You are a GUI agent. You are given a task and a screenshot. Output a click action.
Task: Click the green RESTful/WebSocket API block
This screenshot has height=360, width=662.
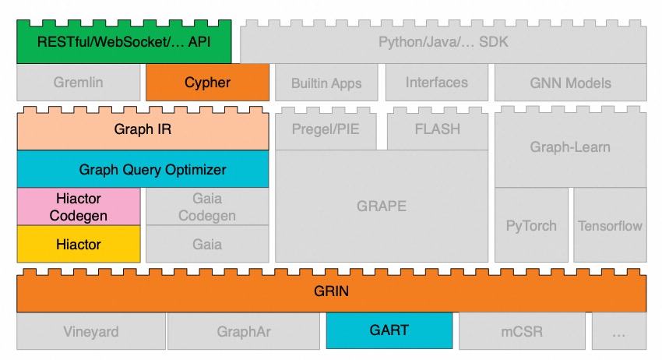(x=124, y=42)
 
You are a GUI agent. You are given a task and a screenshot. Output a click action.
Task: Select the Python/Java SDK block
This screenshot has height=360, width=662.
(x=443, y=42)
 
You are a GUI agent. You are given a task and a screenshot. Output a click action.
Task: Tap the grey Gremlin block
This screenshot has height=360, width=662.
(x=79, y=83)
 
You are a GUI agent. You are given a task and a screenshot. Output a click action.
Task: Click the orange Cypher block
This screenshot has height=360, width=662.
(x=207, y=83)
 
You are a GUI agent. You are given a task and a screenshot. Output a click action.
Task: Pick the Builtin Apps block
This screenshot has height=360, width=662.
(x=326, y=83)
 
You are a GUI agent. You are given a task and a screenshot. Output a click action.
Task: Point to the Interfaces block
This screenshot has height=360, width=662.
(x=437, y=83)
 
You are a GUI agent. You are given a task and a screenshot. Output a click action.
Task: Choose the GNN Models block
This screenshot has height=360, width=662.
(x=570, y=83)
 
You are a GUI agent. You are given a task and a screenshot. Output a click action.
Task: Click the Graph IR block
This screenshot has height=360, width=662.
(x=143, y=129)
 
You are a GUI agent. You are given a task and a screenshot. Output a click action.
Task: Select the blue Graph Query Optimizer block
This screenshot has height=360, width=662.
(x=143, y=169)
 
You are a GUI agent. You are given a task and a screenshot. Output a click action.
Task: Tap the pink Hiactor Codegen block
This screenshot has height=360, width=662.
(x=79, y=206)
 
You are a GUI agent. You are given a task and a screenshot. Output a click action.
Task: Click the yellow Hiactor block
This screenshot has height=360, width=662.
(x=79, y=245)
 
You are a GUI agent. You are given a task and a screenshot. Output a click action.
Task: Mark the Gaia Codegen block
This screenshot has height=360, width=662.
(x=207, y=206)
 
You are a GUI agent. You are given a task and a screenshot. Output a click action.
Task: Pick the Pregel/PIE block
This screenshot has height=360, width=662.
(x=326, y=129)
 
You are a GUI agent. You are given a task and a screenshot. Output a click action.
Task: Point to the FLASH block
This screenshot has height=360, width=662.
(x=437, y=129)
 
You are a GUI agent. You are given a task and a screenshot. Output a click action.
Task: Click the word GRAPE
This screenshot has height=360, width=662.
(x=382, y=206)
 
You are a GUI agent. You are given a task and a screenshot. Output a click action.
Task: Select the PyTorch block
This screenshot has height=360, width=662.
(x=531, y=226)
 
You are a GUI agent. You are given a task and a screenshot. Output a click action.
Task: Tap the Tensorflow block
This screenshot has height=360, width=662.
(x=610, y=226)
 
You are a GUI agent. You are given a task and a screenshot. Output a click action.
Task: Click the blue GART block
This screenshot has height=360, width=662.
(x=389, y=331)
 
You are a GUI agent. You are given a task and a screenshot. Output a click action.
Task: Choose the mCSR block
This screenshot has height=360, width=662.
(x=522, y=332)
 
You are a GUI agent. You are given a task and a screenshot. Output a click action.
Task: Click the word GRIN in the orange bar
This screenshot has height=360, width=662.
(x=332, y=292)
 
